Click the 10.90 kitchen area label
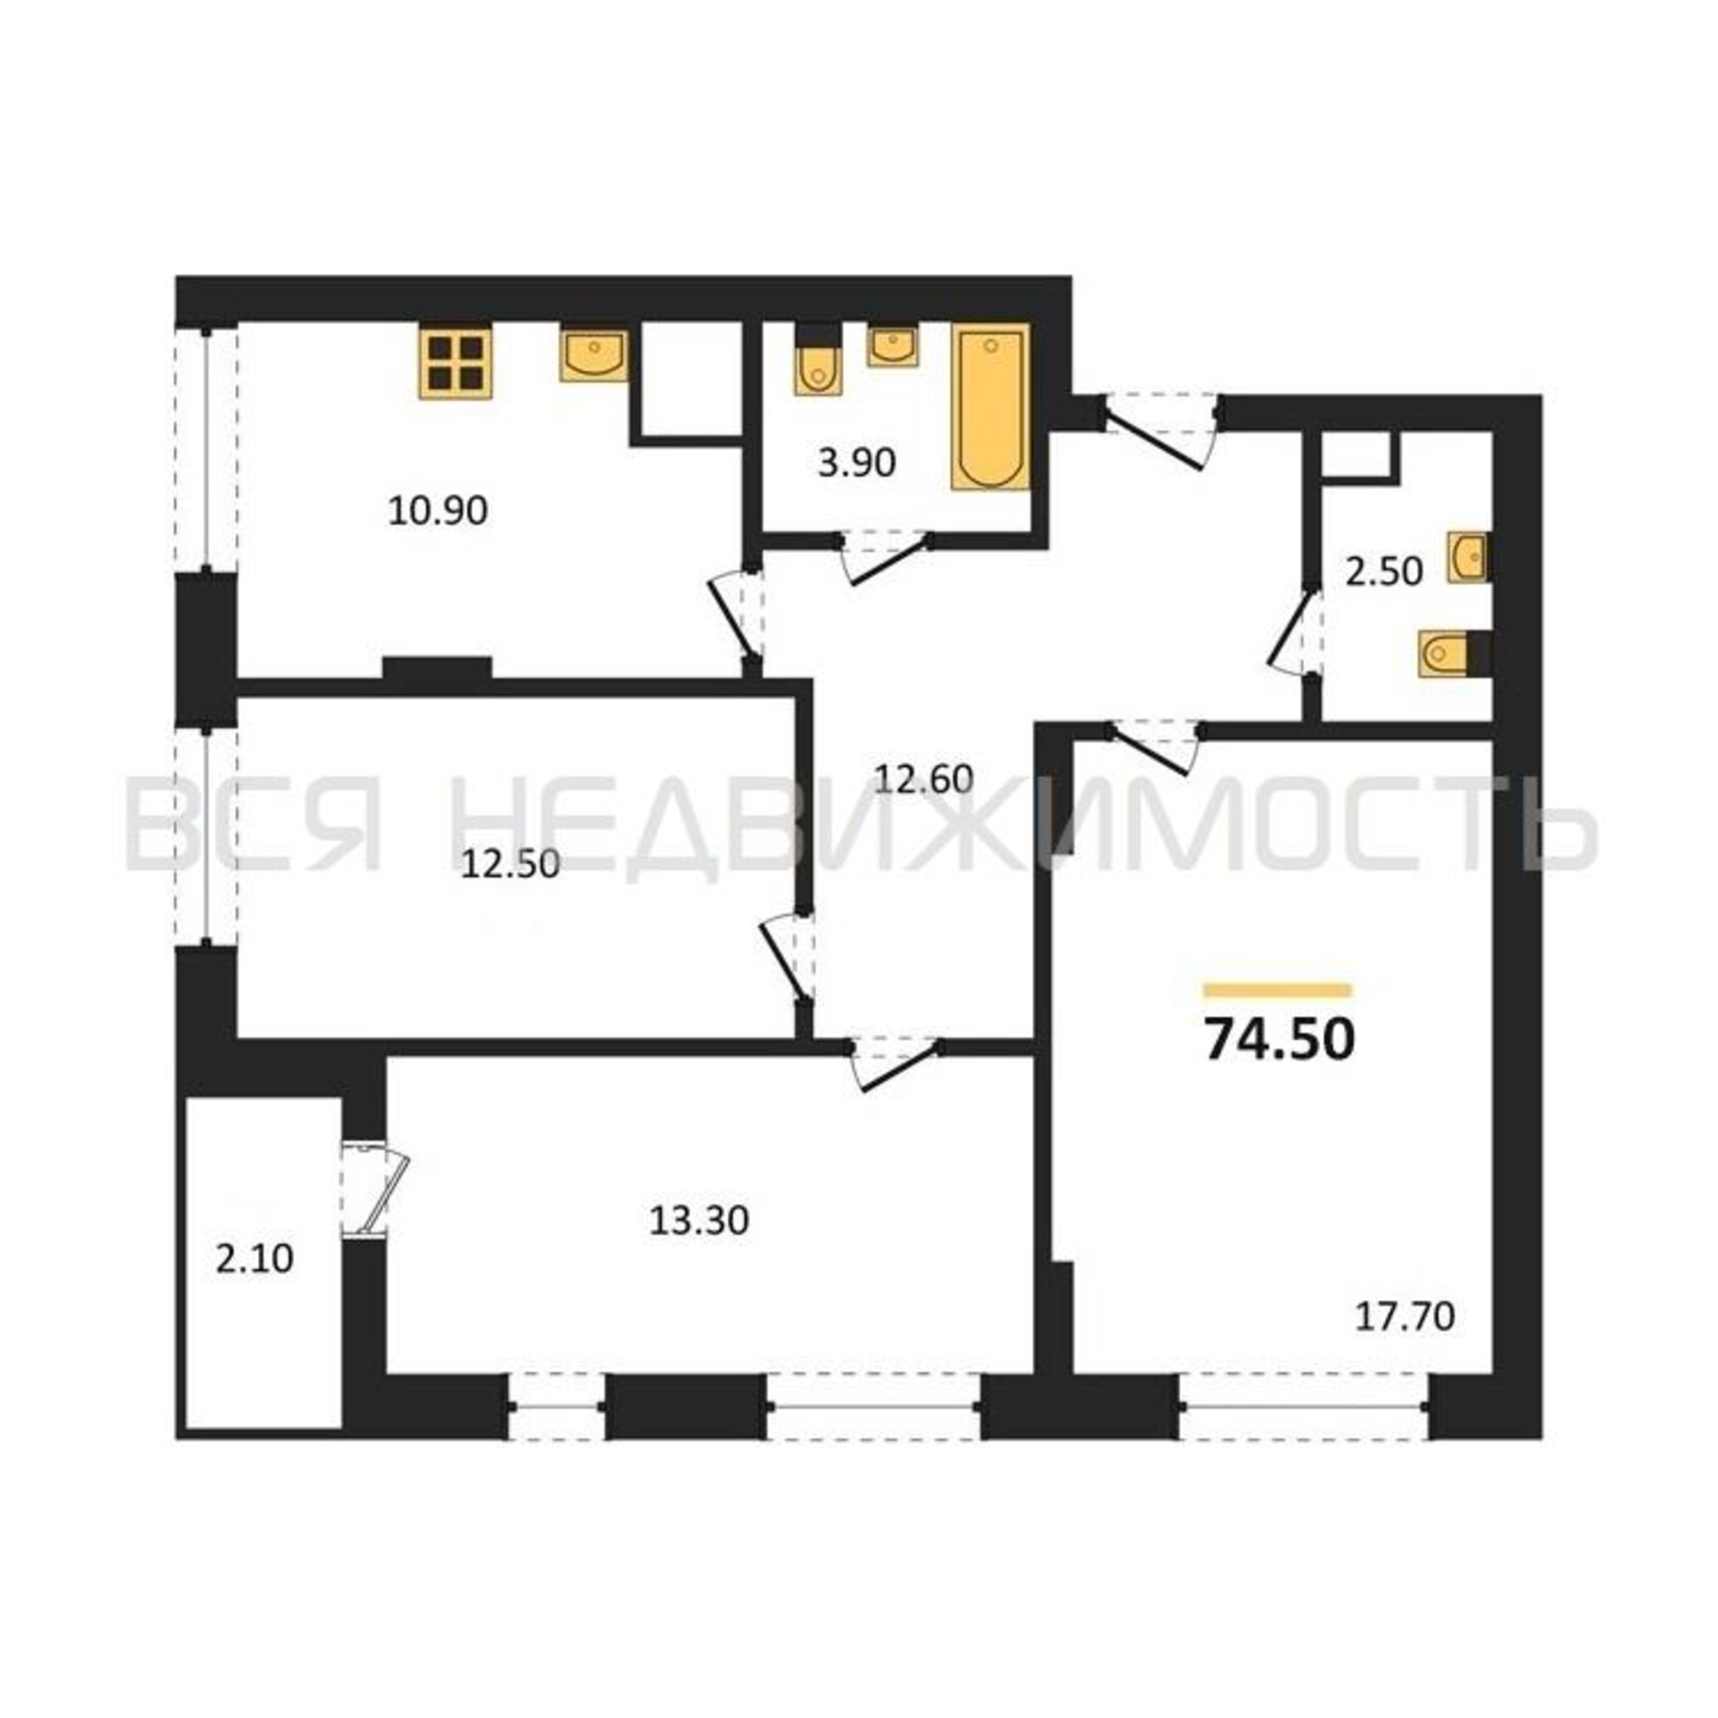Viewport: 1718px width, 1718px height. coord(438,511)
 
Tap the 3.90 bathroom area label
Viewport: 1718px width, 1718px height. coord(856,463)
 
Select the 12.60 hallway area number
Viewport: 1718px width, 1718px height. coord(925,780)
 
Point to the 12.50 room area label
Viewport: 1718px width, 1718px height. coord(510,864)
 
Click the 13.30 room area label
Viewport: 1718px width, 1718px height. coord(699,1221)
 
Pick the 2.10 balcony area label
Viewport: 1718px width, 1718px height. coord(254,1259)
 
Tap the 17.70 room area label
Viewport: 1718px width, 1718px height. coord(1405,1342)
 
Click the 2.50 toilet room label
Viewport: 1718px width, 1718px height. coord(1384,572)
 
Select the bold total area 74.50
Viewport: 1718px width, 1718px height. coord(1280,1039)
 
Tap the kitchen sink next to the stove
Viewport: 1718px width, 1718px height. coord(593,355)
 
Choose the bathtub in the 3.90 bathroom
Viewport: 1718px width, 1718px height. coord(990,407)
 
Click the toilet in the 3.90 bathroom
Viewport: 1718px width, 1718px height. coord(816,362)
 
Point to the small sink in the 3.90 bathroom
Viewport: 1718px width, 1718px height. coord(893,347)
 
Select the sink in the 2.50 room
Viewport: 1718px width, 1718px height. coord(1469,557)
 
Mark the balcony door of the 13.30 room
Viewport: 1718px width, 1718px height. coord(375,1189)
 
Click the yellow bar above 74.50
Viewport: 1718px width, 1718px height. coord(1278,990)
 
